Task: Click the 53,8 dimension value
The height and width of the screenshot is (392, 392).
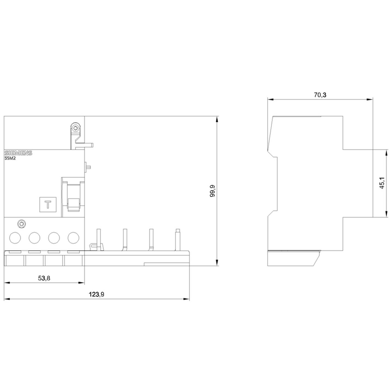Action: click(x=44, y=278)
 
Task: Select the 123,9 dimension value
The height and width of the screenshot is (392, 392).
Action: click(x=96, y=294)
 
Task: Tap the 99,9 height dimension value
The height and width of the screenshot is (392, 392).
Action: click(x=212, y=191)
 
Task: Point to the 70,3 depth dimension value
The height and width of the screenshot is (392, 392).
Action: click(x=320, y=95)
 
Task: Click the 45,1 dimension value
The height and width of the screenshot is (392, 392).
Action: click(x=382, y=183)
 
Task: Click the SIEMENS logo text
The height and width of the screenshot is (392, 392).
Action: click(x=18, y=153)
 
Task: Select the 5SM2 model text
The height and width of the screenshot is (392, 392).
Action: click(x=10, y=158)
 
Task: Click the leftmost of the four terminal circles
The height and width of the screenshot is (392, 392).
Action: click(x=15, y=238)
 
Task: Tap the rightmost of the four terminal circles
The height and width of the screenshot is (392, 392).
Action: click(x=73, y=238)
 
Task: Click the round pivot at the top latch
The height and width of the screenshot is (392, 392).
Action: click(x=75, y=128)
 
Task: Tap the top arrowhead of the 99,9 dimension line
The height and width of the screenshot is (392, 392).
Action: click(x=217, y=119)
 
